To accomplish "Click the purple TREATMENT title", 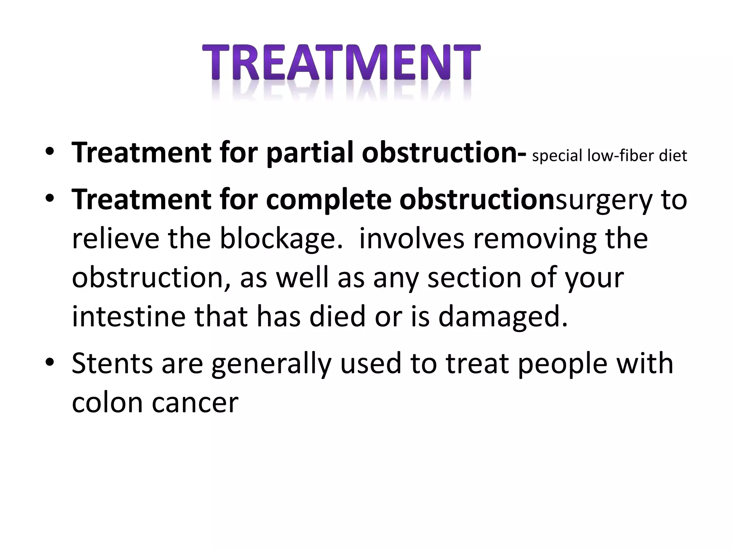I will click(341, 63).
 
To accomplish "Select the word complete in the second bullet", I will click(328, 200).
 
